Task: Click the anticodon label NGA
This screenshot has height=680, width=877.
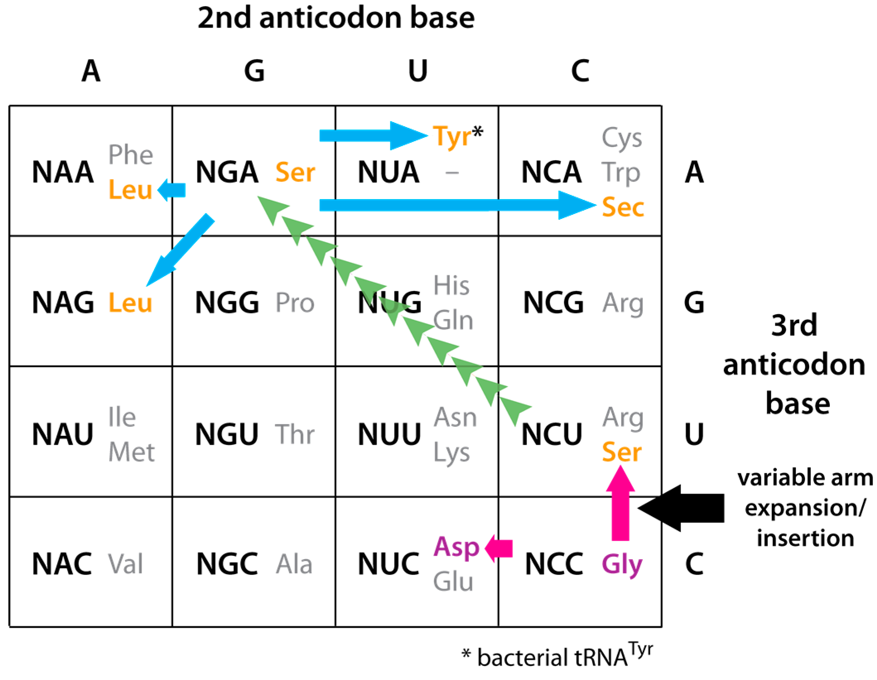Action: coord(227,172)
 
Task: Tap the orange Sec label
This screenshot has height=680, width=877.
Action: coord(623,207)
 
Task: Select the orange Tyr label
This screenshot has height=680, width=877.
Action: coord(452,137)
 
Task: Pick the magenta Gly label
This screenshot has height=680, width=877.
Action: coord(622,565)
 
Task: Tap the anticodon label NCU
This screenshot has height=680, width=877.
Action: coord(552,435)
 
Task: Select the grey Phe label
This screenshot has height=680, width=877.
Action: coord(131,155)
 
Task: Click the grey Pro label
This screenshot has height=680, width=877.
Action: coord(295,303)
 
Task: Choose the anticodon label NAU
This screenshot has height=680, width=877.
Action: coord(63,435)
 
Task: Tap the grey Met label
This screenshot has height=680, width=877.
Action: coord(132,452)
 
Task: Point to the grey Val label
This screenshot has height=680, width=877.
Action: coord(125,564)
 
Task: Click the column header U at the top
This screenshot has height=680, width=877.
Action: coord(417,71)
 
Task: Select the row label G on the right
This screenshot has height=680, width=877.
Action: coord(694,303)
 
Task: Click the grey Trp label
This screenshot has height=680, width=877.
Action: coord(621,173)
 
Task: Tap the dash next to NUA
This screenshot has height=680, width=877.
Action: coord(452,173)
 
